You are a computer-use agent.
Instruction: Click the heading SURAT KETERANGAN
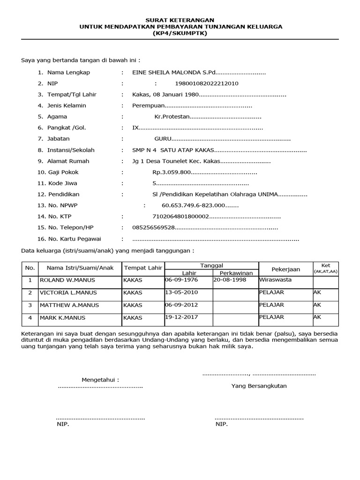[x=180, y=20]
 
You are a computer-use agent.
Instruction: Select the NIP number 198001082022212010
[x=206, y=83]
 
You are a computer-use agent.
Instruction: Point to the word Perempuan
[x=146, y=105]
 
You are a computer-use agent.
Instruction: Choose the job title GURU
[x=163, y=139]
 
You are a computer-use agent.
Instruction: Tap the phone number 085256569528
[x=154, y=227]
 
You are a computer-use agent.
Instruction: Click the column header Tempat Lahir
[x=142, y=268]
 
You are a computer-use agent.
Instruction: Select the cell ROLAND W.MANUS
[x=67, y=280]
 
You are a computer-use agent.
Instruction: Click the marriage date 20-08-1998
[x=230, y=280]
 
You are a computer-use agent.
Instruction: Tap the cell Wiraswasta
[x=275, y=280]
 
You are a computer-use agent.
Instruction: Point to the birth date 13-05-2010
[x=181, y=292]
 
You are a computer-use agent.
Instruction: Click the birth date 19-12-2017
[x=181, y=317]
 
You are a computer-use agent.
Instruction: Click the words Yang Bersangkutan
[x=259, y=386]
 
